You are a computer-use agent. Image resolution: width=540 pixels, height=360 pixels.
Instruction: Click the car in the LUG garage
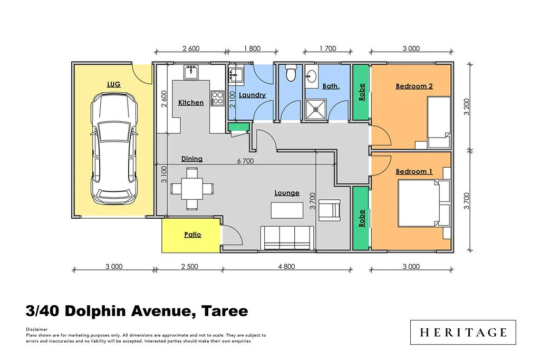tap(114, 149)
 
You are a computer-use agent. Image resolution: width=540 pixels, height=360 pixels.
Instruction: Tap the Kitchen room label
tap(191, 102)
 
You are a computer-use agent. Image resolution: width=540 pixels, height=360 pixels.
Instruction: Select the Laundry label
tap(252, 95)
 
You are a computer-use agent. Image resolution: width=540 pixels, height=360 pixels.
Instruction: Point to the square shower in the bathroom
tap(317, 109)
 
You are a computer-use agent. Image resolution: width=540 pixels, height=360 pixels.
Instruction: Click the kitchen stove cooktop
tap(217, 97)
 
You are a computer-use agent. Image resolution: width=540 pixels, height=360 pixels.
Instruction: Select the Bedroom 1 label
tap(414, 171)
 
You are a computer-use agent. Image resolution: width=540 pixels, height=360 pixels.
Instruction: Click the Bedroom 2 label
tap(414, 86)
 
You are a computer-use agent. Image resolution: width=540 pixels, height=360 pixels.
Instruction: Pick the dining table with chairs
tap(191, 188)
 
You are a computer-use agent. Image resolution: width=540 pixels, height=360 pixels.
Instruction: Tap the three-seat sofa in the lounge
tap(288, 238)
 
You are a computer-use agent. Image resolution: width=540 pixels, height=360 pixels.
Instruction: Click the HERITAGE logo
tap(463, 332)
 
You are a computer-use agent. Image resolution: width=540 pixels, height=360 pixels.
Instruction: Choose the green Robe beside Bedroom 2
tap(361, 92)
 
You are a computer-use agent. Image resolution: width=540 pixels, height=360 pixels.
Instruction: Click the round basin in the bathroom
tap(312, 76)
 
